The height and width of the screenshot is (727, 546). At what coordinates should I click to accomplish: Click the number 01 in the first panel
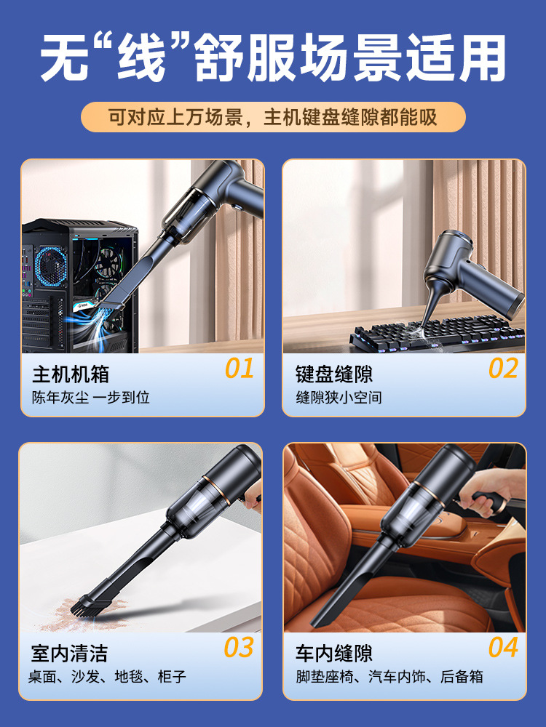pyautogui.click(x=239, y=368)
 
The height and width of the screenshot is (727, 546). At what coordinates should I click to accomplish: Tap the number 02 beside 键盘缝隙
pyautogui.click(x=503, y=368)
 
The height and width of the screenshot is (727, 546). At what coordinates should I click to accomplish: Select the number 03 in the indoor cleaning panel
pyautogui.click(x=239, y=647)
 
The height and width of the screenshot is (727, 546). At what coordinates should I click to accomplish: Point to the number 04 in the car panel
pyautogui.click(x=503, y=647)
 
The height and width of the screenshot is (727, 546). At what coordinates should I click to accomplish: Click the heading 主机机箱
pyautogui.click(x=71, y=374)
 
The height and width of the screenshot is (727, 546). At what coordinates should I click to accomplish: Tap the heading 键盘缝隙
pyautogui.click(x=334, y=374)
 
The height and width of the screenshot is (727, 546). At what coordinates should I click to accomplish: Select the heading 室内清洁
pyautogui.click(x=69, y=654)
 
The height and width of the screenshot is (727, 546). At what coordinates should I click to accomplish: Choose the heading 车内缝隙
pyautogui.click(x=334, y=654)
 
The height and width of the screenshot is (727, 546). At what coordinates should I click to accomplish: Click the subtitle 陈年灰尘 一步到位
pyautogui.click(x=90, y=398)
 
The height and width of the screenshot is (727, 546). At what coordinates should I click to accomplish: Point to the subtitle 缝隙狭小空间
pyautogui.click(x=339, y=398)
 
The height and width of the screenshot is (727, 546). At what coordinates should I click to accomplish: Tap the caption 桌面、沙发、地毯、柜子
pyautogui.click(x=107, y=676)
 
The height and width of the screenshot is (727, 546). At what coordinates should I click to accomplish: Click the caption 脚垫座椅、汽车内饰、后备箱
pyautogui.click(x=389, y=676)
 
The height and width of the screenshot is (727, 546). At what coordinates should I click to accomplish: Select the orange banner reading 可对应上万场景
pyautogui.click(x=273, y=117)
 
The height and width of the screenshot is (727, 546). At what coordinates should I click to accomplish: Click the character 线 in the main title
pyautogui.click(x=141, y=58)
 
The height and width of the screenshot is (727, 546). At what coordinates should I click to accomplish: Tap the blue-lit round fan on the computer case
pyautogui.click(x=51, y=266)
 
